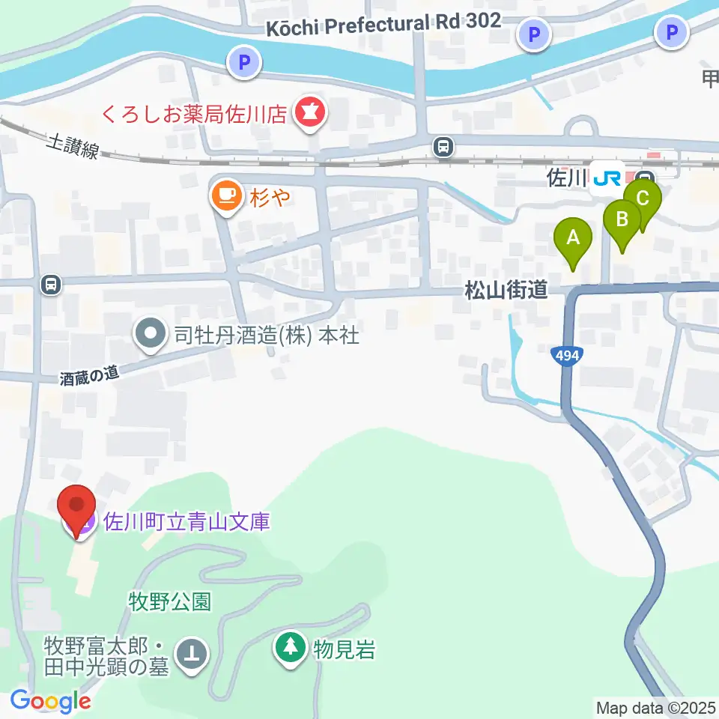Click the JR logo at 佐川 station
(x=606, y=180)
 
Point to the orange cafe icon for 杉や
(x=226, y=197)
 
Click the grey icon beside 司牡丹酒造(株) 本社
(x=151, y=334)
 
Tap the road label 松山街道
(x=506, y=290)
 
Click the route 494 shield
(x=568, y=356)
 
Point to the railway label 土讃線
(x=72, y=146)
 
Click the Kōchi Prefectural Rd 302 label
(x=384, y=24)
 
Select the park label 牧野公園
(x=170, y=601)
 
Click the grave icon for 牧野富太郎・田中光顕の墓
(x=192, y=653)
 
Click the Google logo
(x=51, y=701)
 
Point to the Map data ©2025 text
(x=656, y=707)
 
